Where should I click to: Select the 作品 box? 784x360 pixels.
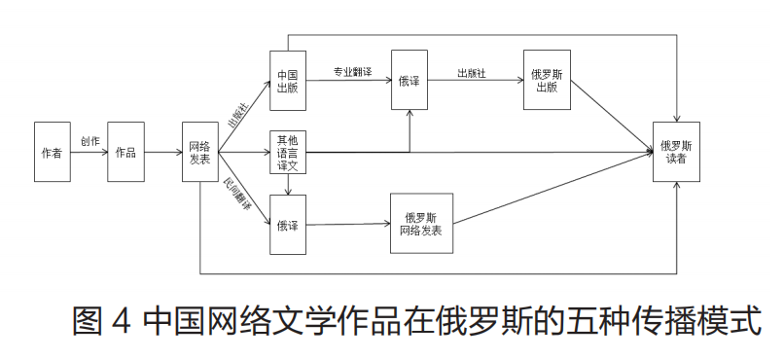click(x=125, y=153)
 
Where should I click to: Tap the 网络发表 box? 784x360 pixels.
click(x=199, y=153)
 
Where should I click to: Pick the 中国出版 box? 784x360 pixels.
click(x=287, y=81)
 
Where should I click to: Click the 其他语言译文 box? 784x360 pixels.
click(x=287, y=153)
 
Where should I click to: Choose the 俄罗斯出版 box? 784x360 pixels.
click(x=546, y=81)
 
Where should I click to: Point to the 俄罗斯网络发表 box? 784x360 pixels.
click(x=420, y=225)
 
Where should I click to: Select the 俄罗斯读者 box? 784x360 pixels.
click(x=675, y=153)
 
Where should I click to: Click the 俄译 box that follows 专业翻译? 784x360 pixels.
click(x=409, y=81)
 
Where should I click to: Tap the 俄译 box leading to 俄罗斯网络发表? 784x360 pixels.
click(x=287, y=226)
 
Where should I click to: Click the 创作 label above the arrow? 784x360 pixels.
click(x=89, y=140)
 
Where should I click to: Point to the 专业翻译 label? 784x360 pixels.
click(x=352, y=70)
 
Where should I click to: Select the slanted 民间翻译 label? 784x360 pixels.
click(x=238, y=193)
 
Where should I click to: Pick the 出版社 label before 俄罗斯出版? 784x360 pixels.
click(x=471, y=70)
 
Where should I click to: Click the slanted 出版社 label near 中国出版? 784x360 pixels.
click(x=238, y=115)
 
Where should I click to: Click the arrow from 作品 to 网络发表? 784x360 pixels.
click(x=162, y=153)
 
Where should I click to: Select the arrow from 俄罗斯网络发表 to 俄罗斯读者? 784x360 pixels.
click(x=554, y=187)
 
